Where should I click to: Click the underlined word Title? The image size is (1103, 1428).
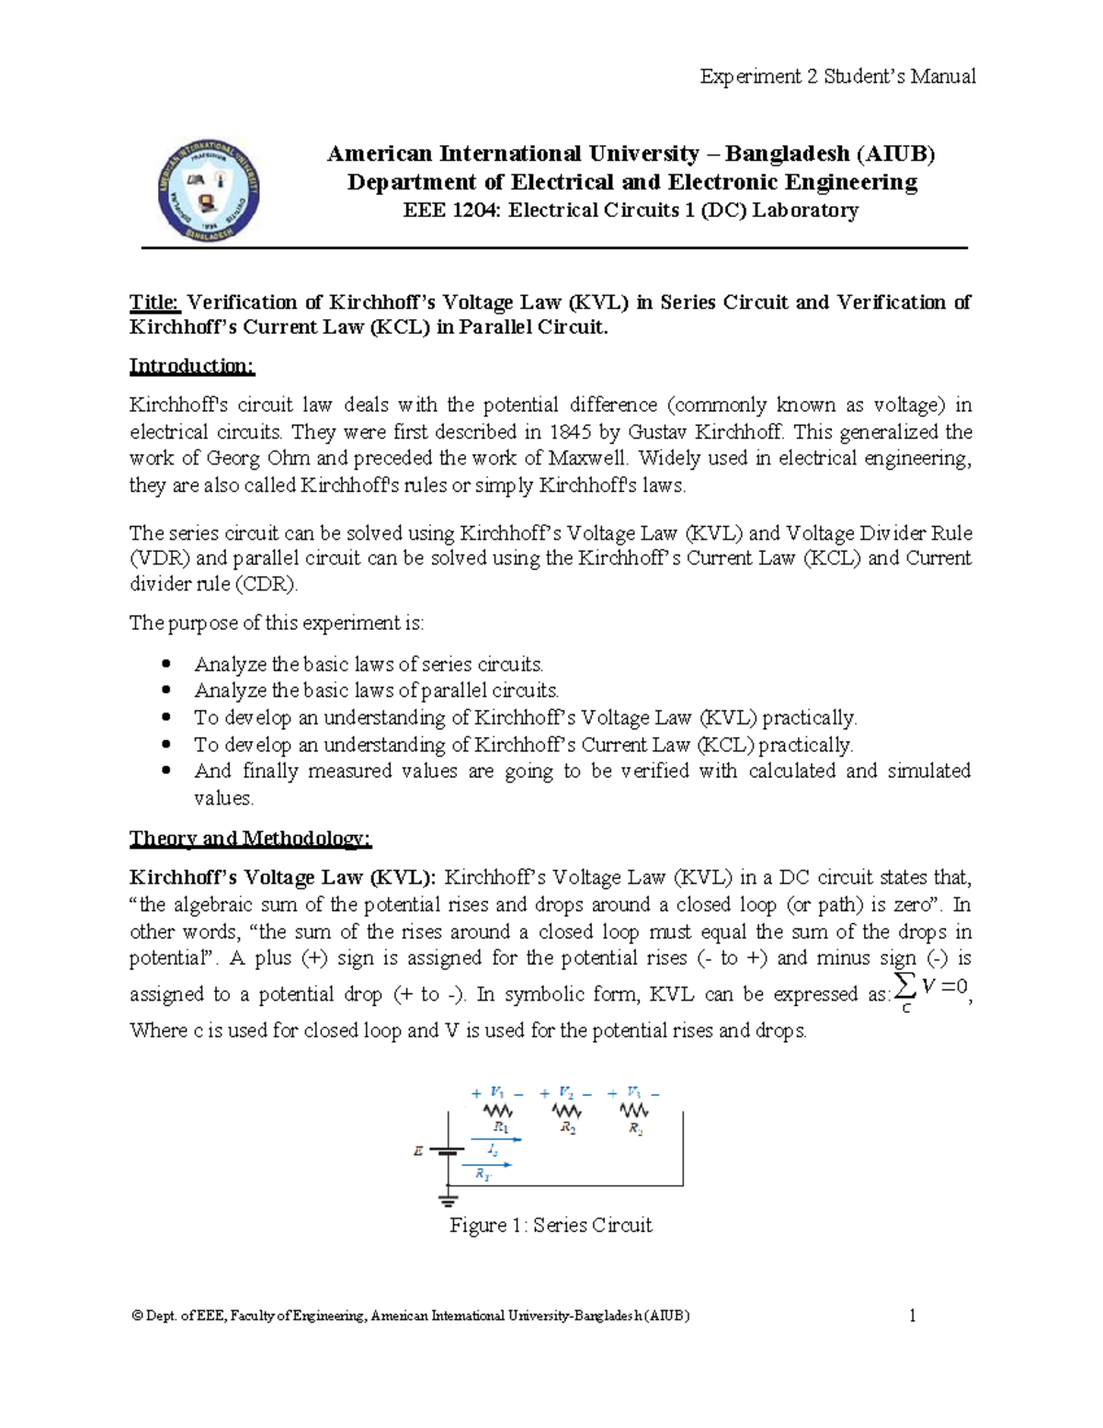pyautogui.click(x=156, y=303)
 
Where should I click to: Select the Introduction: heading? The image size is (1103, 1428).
pyautogui.click(x=191, y=366)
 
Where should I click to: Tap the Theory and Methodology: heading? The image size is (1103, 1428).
pyautogui.click(x=250, y=839)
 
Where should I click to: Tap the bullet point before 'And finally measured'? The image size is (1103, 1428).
pyautogui.click(x=166, y=771)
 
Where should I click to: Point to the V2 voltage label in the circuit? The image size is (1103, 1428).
pyautogui.click(x=566, y=1092)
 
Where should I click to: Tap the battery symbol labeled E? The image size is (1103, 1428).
pyautogui.click(x=447, y=1151)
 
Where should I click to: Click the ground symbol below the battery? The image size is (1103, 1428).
pyautogui.click(x=448, y=1199)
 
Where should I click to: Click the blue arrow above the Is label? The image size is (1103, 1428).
pyautogui.click(x=496, y=1140)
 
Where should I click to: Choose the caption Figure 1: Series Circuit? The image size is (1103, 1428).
pyautogui.click(x=550, y=1226)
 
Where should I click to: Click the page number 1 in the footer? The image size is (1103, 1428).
pyautogui.click(x=912, y=1316)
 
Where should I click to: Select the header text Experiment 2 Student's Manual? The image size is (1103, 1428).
pyautogui.click(x=837, y=76)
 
